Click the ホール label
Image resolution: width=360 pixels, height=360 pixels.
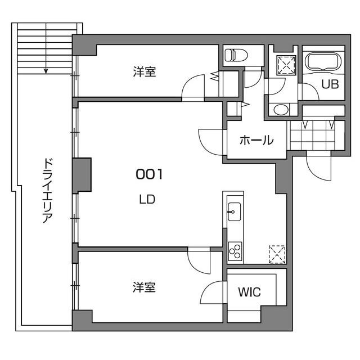[x=256, y=140]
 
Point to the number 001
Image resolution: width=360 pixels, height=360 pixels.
[x=149, y=175]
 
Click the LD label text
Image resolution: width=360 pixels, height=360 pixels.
[x=147, y=199]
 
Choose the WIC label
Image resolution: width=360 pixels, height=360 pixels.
[x=249, y=292]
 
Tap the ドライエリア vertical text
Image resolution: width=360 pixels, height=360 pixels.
[x=47, y=191]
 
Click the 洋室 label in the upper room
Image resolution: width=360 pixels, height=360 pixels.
[x=145, y=72]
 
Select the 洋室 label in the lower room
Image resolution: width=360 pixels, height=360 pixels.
[x=144, y=287]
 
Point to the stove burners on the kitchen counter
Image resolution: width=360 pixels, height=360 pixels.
[x=235, y=250]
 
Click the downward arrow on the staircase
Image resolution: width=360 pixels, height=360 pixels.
[x=46, y=70]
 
